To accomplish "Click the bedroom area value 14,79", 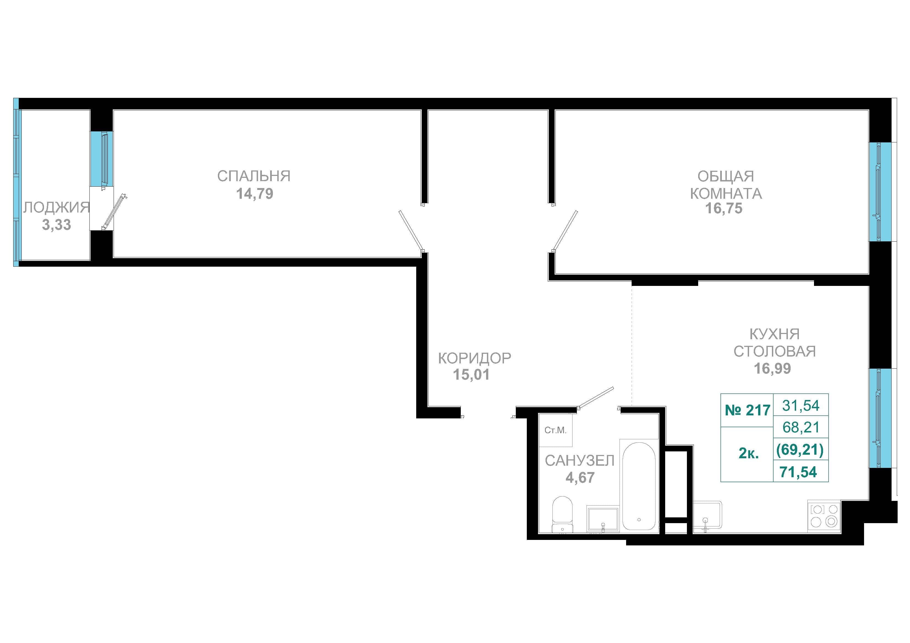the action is pos(255,194).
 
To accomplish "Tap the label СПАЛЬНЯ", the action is pos(254,176).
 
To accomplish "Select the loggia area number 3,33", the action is pos(57,225).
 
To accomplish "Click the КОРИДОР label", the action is pos(475,358).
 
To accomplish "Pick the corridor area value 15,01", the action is pos(471,374).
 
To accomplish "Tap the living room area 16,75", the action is pos(724,208).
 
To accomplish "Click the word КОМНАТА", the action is pos(726,193).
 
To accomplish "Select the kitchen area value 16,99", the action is pos(772,368).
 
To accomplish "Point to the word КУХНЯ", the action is pos(774,334).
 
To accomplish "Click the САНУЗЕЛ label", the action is pos(579,460).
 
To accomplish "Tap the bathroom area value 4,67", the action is pos(580,478).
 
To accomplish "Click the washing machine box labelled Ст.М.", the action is pos(556,430).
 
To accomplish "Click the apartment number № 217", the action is pos(747,410).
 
